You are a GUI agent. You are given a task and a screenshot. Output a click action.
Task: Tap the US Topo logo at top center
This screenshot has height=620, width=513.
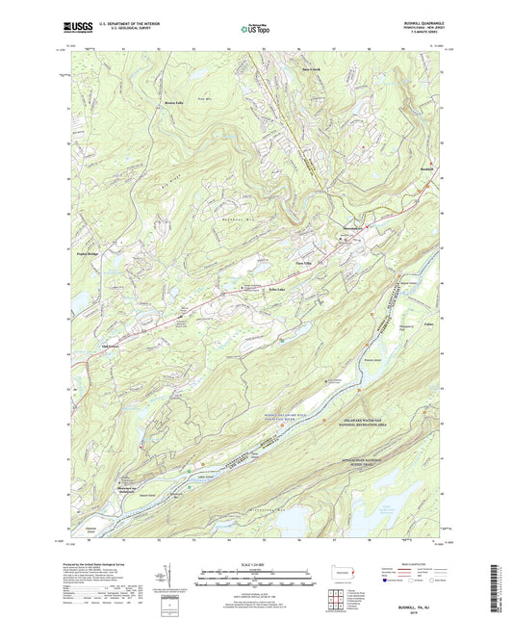click(251, 30)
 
